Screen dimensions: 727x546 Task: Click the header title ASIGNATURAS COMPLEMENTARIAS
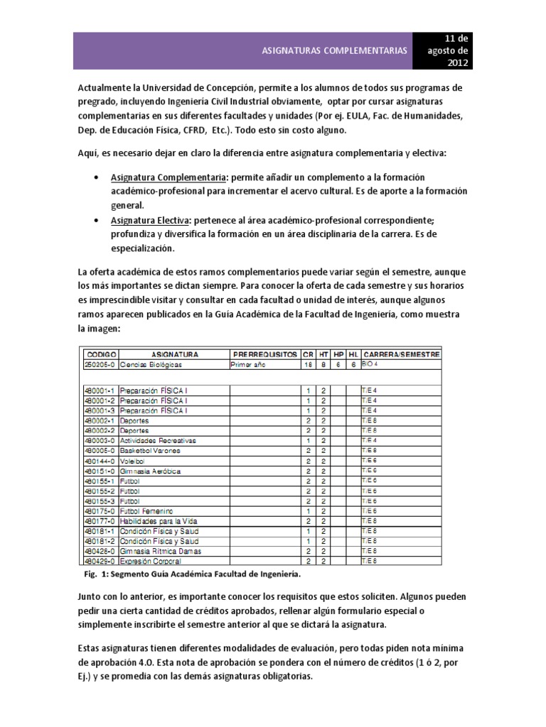click(335, 51)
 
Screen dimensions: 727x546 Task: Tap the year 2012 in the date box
click(458, 64)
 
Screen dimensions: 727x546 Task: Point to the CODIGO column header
click(100, 354)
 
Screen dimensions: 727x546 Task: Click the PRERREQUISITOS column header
click(264, 354)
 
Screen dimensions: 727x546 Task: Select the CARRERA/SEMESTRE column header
click(401, 354)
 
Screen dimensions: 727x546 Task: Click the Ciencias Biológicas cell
click(151, 363)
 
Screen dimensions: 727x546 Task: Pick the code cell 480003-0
click(100, 441)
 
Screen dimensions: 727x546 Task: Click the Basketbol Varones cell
click(150, 451)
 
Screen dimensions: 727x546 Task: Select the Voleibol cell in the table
click(134, 461)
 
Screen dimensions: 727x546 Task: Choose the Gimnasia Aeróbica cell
click(150, 471)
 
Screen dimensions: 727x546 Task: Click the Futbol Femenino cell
click(147, 510)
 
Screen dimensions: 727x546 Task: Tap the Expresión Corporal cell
click(151, 561)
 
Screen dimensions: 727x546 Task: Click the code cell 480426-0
click(100, 551)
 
